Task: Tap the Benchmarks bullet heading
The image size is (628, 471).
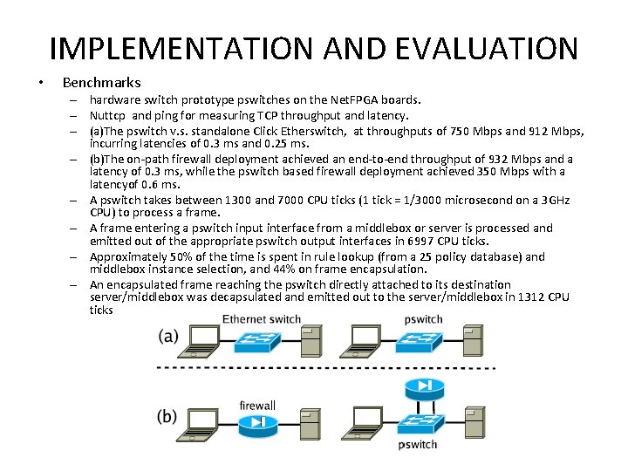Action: click(x=101, y=83)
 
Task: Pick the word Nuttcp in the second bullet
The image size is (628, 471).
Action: click(x=109, y=115)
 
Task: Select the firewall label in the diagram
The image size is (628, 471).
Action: click(x=257, y=405)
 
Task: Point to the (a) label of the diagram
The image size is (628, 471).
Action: click(x=170, y=337)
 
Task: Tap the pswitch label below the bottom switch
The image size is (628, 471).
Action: click(x=418, y=445)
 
